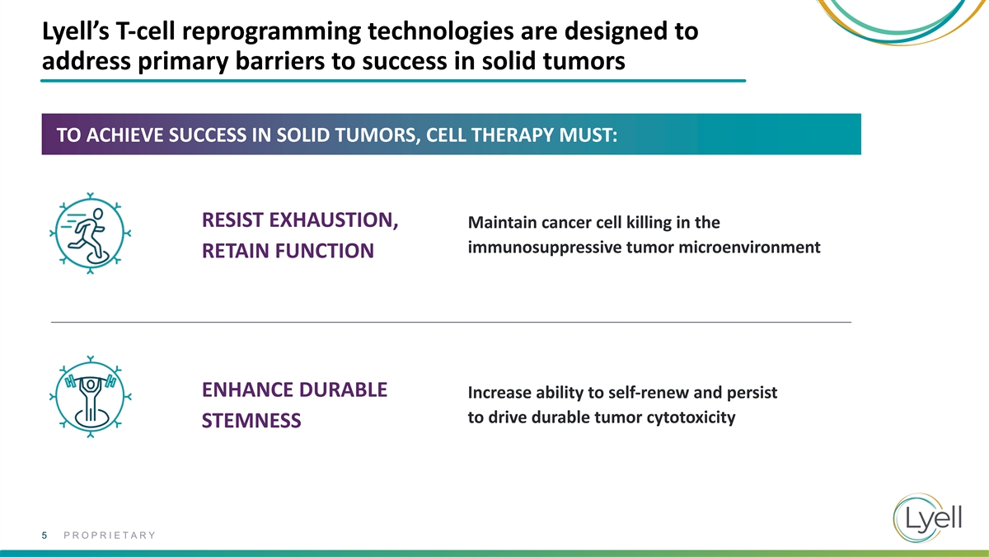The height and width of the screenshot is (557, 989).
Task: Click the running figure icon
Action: click(90, 234)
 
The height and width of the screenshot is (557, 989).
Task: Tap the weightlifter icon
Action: click(90, 397)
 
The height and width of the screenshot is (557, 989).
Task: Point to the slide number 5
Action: click(45, 536)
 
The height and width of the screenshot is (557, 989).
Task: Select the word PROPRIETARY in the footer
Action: click(110, 536)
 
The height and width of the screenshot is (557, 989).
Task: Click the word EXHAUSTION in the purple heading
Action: click(334, 220)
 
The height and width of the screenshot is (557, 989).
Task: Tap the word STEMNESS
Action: click(251, 420)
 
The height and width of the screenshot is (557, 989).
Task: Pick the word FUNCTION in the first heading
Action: click(325, 251)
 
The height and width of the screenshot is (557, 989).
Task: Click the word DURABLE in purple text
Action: click(343, 389)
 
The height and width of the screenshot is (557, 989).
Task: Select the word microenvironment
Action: click(749, 247)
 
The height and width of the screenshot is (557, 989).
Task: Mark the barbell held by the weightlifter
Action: click(91, 380)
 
